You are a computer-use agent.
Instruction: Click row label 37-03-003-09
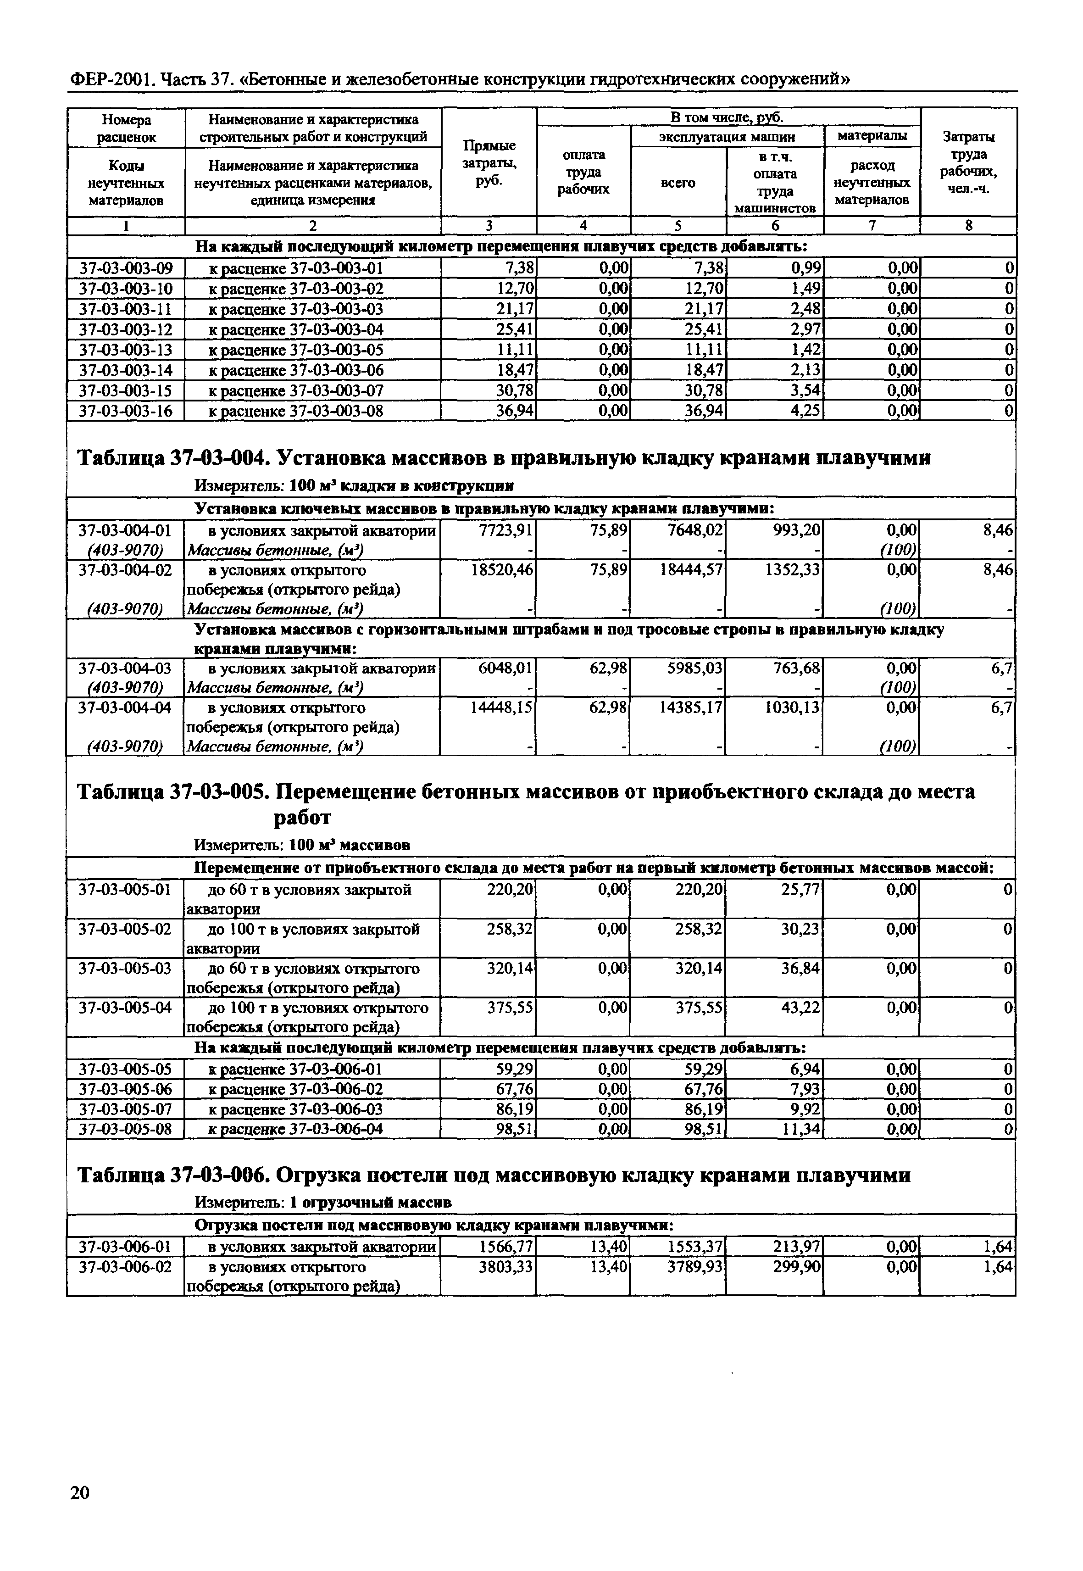pos(126,269)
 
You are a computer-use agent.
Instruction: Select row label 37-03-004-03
pos(126,669)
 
